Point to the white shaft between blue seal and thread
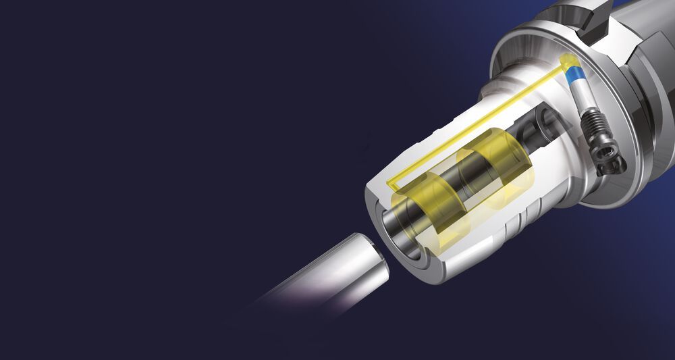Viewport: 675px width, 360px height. pos(581,95)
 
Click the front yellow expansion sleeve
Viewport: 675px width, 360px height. pos(432,203)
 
